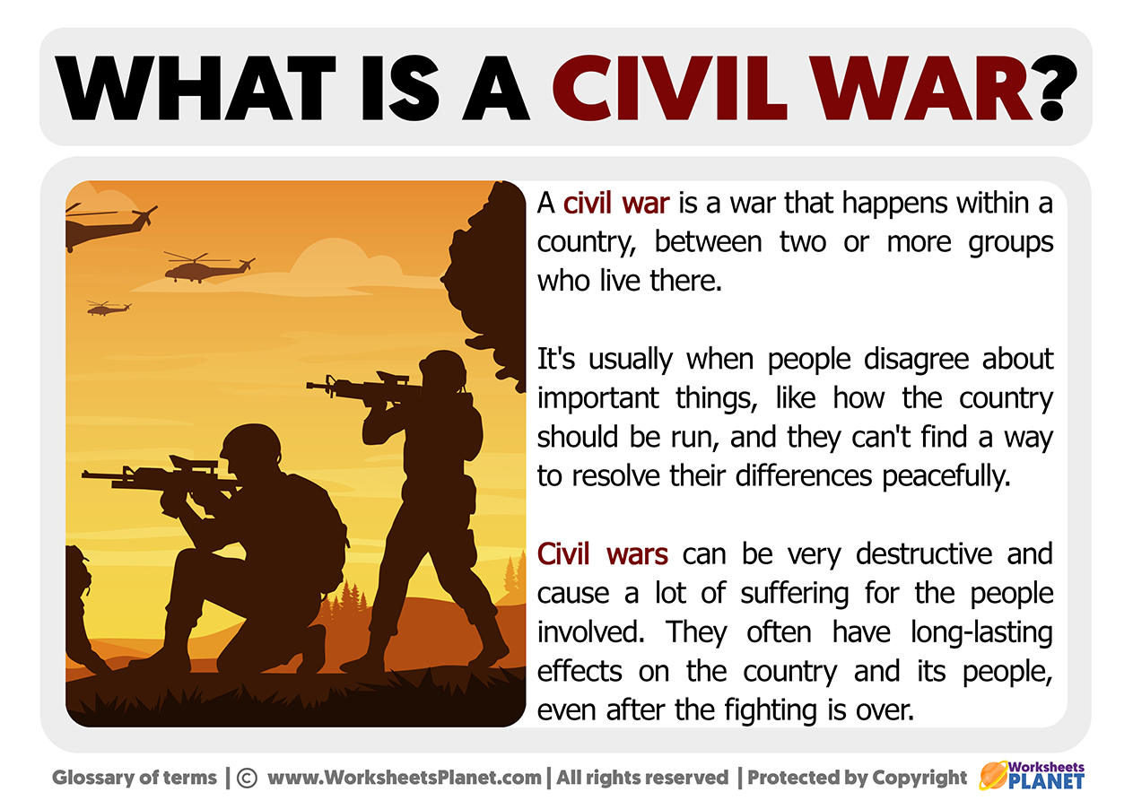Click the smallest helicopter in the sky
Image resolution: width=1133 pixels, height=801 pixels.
pyautogui.click(x=109, y=308)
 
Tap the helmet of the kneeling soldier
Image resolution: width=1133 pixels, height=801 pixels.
pyautogui.click(x=251, y=444)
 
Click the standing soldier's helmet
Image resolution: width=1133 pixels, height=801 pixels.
pyautogui.click(x=443, y=368)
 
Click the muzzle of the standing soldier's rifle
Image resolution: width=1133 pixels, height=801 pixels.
pyautogui.click(x=309, y=386)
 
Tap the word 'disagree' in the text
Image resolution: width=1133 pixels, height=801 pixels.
pyautogui.click(x=916, y=360)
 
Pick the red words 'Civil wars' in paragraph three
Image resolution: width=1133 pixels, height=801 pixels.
pyautogui.click(x=603, y=553)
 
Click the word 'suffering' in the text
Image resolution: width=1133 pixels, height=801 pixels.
pyautogui.click(x=794, y=594)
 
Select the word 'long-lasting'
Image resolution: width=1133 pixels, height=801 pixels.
pyautogui.click(x=981, y=633)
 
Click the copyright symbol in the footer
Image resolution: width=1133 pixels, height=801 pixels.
pyautogui.click(x=247, y=778)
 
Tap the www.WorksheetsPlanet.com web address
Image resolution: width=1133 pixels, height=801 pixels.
pyautogui.click(x=405, y=778)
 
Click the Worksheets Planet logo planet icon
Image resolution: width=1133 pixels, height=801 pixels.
pyautogui.click(x=993, y=775)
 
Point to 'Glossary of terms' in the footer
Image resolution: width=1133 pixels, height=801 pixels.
pyautogui.click(x=134, y=778)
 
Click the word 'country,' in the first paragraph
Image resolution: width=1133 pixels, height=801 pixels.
pyautogui.click(x=587, y=243)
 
